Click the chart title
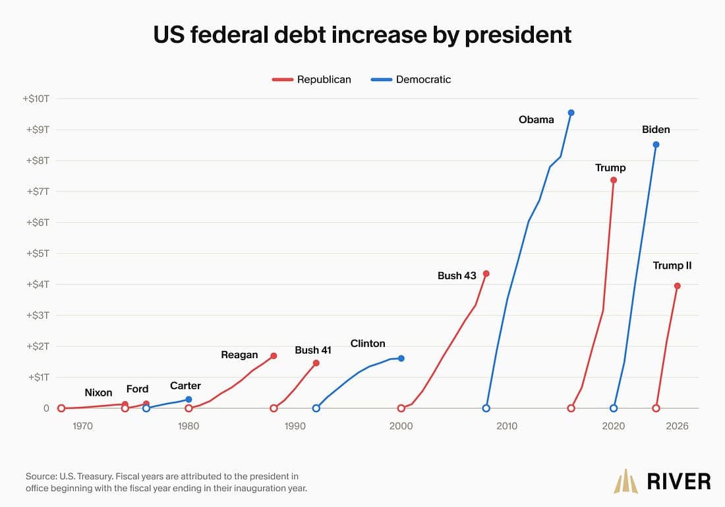pos(362,35)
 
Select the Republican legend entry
pos(312,80)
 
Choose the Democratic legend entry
pos(411,80)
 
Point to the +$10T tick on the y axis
pos(36,99)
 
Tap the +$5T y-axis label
pos(38,254)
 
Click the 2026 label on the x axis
pos(677,426)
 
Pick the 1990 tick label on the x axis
pos(295,426)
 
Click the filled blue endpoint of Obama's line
pos(571,113)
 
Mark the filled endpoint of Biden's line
pos(656,144)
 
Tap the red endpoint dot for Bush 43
pos(486,274)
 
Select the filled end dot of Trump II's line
pos(678,286)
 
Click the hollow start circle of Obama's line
pos(486,408)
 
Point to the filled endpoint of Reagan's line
pos(274,356)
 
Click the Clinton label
pos(368,344)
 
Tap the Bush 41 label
pos(313,350)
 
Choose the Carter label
pos(185,386)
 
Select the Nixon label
pos(98,392)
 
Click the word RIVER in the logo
pos(679,481)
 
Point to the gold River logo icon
pos(625,481)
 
